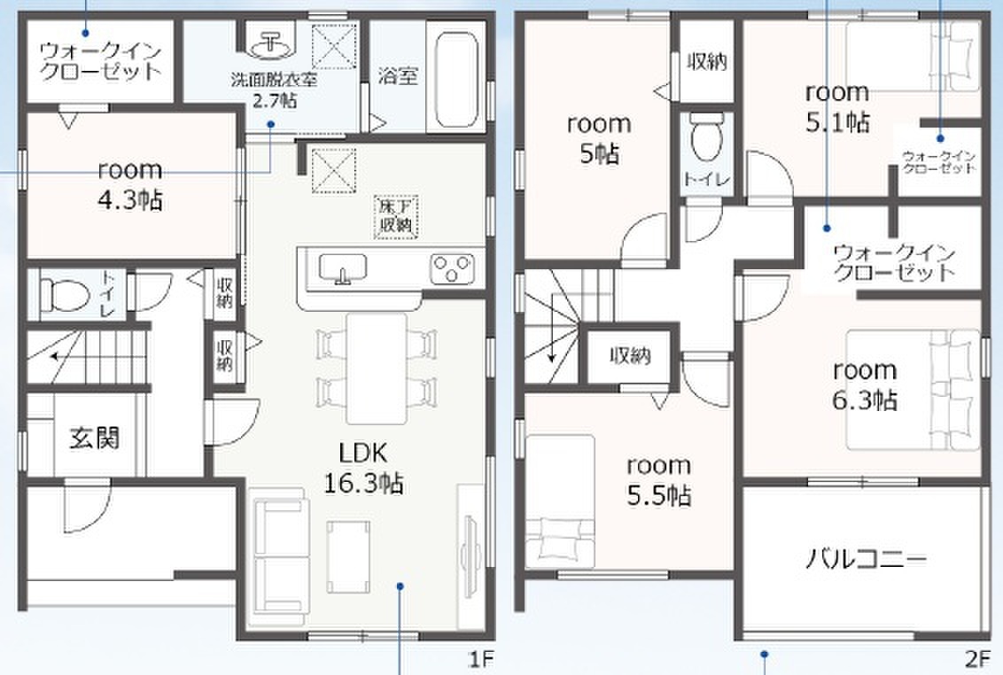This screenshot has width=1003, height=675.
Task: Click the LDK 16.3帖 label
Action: pyautogui.click(x=363, y=469)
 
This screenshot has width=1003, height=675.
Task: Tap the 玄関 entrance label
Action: pyautogui.click(x=94, y=438)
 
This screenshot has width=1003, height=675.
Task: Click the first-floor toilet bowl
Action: pyautogui.click(x=64, y=295)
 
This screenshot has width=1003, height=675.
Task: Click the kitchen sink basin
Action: pyautogui.click(x=343, y=268)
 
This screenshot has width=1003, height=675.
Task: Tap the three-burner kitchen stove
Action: pyautogui.click(x=452, y=268)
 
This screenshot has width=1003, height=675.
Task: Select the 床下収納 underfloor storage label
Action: pyautogui.click(x=396, y=216)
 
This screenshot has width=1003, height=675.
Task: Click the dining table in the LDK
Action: pyautogui.click(x=377, y=368)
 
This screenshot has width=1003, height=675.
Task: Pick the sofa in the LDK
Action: pyautogui.click(x=279, y=556)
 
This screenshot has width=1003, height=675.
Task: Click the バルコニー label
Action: pyautogui.click(x=866, y=559)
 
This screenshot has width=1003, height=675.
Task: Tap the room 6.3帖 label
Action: pyautogui.click(x=865, y=384)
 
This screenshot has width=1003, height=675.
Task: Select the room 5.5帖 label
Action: pyautogui.click(x=658, y=479)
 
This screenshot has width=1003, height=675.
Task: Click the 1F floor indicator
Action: pyautogui.click(x=481, y=658)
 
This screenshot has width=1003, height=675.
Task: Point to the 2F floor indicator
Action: pyautogui.click(x=976, y=658)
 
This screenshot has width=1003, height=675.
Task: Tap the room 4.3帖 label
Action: pyautogui.click(x=130, y=185)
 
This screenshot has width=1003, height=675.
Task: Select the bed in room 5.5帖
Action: pyautogui.click(x=560, y=501)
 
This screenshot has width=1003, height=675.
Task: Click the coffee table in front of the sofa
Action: pyautogui.click(x=348, y=556)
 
